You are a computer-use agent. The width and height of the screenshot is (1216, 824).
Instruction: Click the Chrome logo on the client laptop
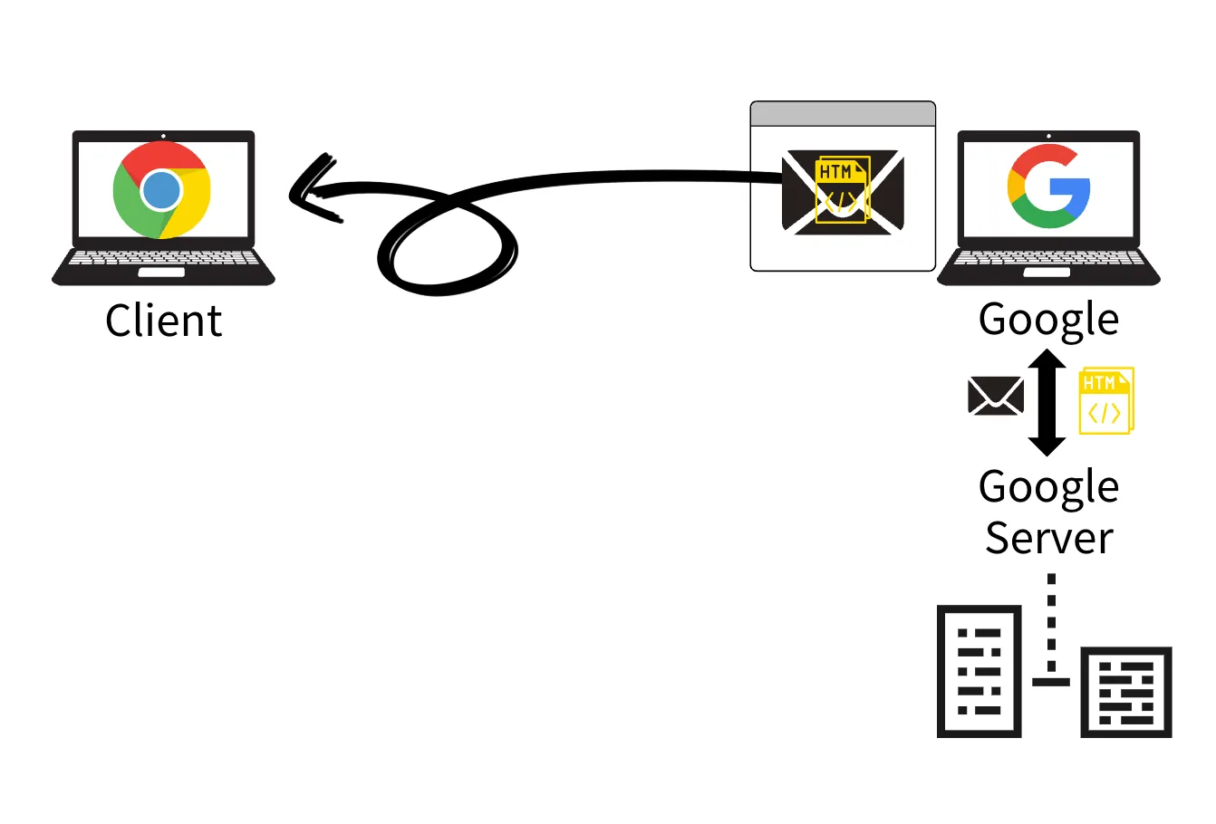pos(162,190)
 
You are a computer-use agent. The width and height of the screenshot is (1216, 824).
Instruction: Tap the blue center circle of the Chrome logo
pos(162,190)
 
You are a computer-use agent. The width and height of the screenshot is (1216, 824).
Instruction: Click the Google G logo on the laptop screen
pos(1048,187)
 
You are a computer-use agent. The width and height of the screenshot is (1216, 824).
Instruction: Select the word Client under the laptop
pos(163,321)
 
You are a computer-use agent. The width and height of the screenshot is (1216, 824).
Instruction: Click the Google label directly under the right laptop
pos(1048,319)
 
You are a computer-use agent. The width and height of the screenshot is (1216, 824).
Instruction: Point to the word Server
pos(1048,538)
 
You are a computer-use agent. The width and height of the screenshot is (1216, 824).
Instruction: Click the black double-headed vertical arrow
pos(1047,403)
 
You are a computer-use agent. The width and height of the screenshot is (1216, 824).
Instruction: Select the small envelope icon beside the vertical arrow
pos(996,397)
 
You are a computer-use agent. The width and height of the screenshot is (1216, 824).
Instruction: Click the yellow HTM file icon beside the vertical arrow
pos(1105,400)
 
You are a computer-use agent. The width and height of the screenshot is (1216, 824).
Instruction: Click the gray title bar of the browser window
pos(843,114)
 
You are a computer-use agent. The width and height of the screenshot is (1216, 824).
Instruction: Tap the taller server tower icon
pos(979,671)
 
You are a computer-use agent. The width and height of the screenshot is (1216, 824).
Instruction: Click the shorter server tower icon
pos(1126,692)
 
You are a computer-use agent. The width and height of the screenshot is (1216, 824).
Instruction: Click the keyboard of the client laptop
pos(163,259)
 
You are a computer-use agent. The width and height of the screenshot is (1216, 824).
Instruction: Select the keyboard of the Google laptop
pos(1048,259)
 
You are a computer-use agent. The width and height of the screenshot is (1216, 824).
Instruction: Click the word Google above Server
pos(1048,487)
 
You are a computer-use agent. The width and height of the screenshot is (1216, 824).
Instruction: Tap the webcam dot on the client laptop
pos(163,136)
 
